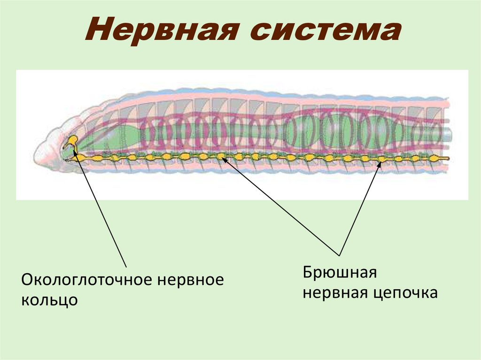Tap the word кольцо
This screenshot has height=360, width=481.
(49, 299)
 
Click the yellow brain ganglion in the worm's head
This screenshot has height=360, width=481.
(73, 140)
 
